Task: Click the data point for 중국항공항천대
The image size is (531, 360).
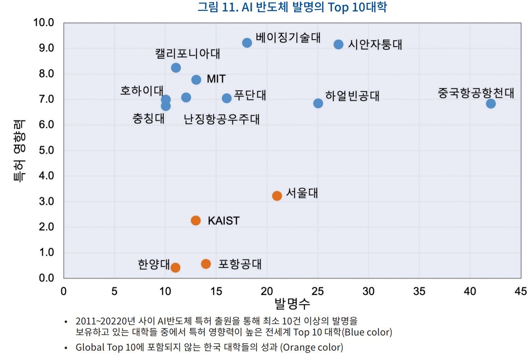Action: click(x=491, y=103)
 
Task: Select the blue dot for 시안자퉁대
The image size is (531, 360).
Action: click(x=338, y=44)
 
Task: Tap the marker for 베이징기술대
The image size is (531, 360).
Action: click(x=247, y=43)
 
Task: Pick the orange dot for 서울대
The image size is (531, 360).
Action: click(x=277, y=196)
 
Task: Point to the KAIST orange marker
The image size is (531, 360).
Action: click(x=196, y=221)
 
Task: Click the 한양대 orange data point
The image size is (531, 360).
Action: click(x=175, y=268)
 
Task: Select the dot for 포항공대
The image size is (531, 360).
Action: click(x=206, y=264)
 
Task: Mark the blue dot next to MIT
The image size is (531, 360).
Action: click(x=196, y=80)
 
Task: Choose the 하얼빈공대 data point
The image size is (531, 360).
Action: click(x=318, y=103)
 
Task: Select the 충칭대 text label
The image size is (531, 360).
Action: click(x=149, y=119)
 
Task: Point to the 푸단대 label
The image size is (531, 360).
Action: click(x=250, y=95)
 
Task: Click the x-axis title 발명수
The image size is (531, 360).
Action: click(x=292, y=304)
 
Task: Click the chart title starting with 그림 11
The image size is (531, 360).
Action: click(x=292, y=7)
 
